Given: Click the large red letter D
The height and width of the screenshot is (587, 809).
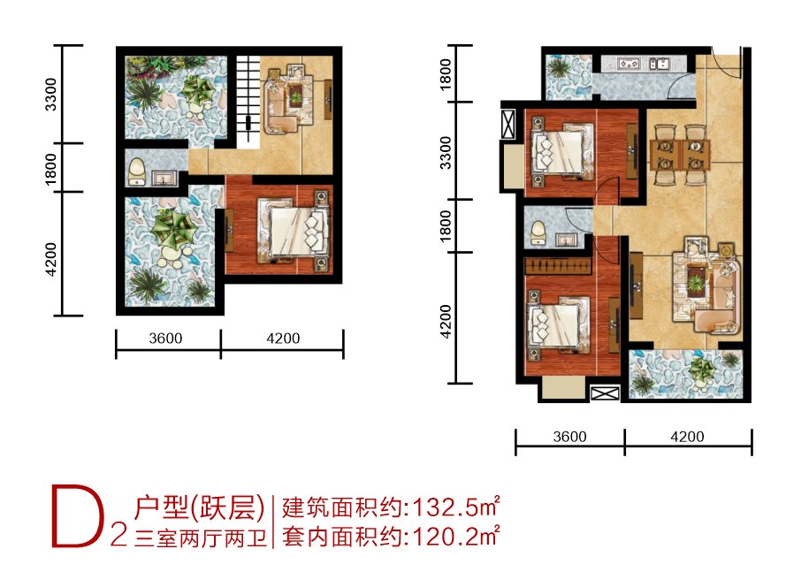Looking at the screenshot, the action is pos(76,515).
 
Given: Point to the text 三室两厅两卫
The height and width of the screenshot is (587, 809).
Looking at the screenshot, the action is pos(200,538).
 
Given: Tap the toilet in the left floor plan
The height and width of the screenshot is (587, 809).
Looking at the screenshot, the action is pos(137,172).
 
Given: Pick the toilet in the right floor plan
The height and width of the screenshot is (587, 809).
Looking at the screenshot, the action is pos(538,233).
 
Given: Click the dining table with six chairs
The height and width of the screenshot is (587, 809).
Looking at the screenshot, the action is pos(680,154).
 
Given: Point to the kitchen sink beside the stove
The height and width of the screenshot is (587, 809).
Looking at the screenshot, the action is pos(659,64).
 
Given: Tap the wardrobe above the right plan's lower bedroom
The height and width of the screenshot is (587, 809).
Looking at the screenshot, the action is pos(558,266).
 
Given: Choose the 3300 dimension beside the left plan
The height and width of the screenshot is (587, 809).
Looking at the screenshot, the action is pos(50,95).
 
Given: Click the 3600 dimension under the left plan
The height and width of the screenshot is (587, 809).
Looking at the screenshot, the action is pos(165,339).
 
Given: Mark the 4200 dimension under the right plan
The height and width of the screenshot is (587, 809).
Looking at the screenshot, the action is pos(687,437).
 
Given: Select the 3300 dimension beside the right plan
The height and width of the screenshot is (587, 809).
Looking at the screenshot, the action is pos(445,153).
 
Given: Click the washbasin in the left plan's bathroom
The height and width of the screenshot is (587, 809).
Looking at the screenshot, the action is pos(164,179).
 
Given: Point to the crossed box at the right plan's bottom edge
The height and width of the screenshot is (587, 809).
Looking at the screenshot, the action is pos(605,393).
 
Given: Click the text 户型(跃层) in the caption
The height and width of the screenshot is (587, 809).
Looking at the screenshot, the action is pos(199,507).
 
